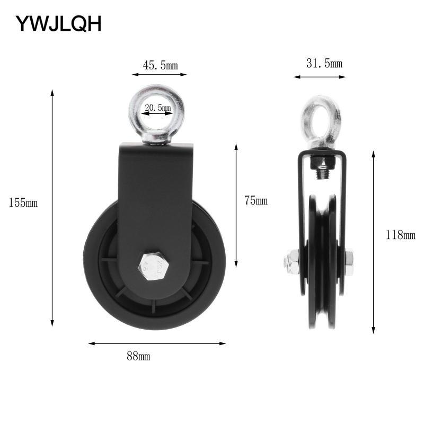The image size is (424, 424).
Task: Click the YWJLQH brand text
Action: pyautogui.click(x=58, y=24)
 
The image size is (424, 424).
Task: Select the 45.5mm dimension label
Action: pyautogui.click(x=160, y=65)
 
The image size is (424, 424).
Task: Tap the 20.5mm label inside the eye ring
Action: pyautogui.click(x=158, y=108)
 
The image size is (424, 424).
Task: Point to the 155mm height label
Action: pyautogui.click(x=23, y=203)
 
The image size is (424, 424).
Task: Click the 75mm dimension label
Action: pyautogui.click(x=256, y=200)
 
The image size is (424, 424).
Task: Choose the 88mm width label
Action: pyautogui.click(x=138, y=356)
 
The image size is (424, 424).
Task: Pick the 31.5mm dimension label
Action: pyautogui.click(x=324, y=64)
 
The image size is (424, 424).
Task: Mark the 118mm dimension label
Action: pyautogui.click(x=401, y=235)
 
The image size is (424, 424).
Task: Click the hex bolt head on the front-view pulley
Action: pyautogui.click(x=154, y=267)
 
